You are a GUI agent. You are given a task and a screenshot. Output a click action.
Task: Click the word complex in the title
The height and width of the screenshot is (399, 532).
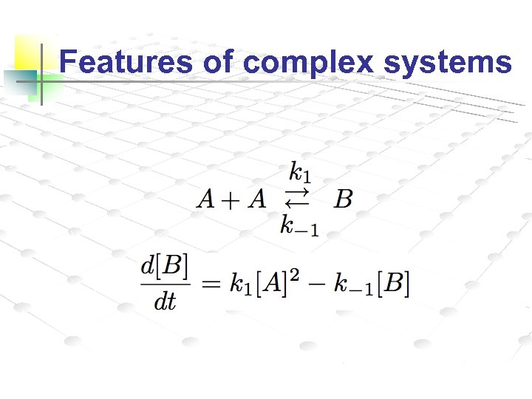[309, 64]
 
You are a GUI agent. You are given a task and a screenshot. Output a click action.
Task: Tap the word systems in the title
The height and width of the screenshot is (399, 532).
[447, 64]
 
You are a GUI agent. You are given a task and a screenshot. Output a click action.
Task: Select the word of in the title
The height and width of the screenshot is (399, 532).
[218, 62]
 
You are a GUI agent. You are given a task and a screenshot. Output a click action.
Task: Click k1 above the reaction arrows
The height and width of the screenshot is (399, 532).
[300, 174]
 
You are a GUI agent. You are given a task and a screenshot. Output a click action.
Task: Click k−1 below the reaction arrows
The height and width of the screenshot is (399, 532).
[299, 225]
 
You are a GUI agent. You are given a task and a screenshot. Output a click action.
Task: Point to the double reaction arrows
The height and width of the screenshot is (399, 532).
[297, 198]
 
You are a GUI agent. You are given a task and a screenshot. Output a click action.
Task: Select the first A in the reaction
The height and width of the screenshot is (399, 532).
[206, 199]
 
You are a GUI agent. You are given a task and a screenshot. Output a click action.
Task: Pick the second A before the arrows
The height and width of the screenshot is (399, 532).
[256, 199]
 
